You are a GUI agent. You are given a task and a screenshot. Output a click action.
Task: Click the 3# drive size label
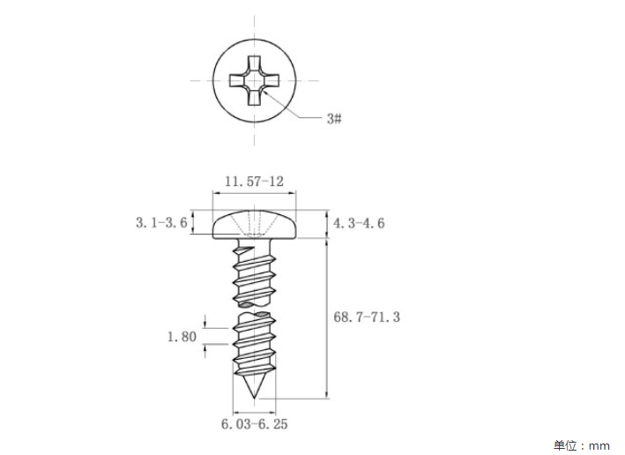click(334, 118)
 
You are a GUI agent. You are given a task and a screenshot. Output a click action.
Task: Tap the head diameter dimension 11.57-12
click(254, 182)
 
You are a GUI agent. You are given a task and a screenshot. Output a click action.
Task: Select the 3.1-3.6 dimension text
click(161, 222)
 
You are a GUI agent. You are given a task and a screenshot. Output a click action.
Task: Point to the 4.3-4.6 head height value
click(359, 223)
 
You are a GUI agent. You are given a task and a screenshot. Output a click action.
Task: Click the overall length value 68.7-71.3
click(367, 317)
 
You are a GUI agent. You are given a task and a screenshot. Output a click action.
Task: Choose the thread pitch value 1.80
click(182, 337)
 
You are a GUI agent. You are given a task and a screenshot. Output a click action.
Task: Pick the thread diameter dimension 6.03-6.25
click(254, 424)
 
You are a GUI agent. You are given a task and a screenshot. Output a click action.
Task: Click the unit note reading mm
click(599, 445)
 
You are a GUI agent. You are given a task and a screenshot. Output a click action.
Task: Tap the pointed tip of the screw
click(254, 399)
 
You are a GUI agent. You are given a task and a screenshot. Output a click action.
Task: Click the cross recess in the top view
click(254, 80)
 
